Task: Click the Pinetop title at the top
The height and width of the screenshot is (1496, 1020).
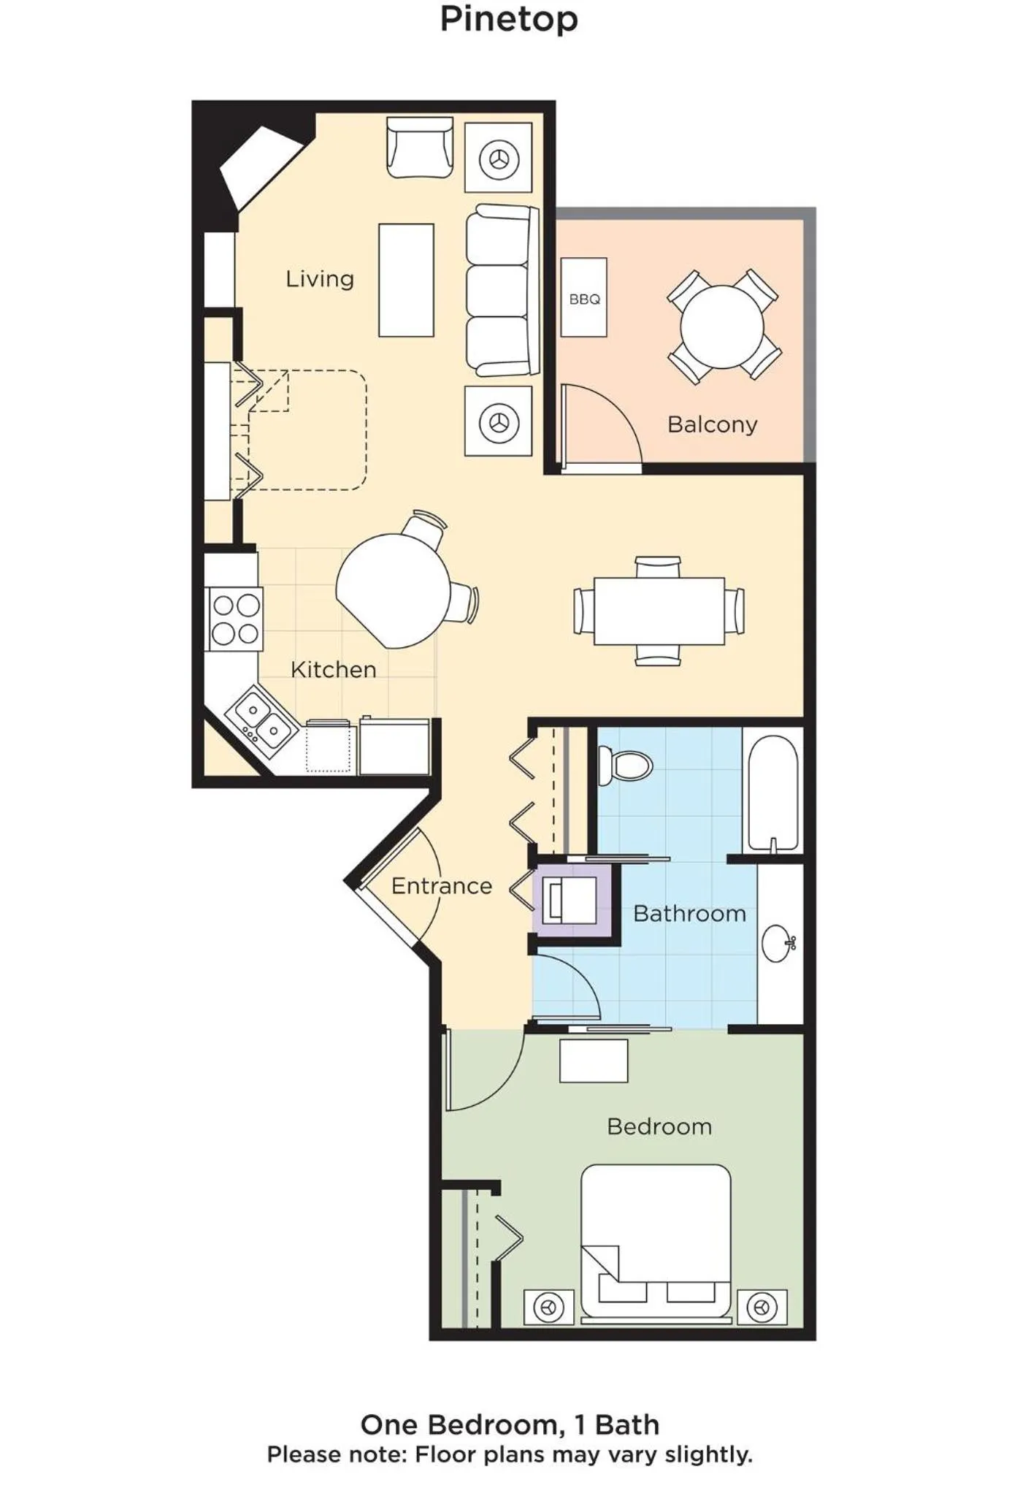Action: tap(509, 20)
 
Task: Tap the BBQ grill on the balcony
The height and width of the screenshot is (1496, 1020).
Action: tap(583, 297)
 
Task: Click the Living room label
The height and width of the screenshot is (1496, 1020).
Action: tap(320, 279)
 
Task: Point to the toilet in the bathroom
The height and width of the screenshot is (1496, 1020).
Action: tap(626, 765)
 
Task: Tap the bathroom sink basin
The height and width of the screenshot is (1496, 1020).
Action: tap(777, 943)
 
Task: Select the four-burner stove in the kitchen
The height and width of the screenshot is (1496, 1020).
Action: tap(235, 619)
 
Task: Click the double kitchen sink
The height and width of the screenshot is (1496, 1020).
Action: tap(261, 719)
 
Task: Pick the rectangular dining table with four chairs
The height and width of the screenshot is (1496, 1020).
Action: tap(659, 611)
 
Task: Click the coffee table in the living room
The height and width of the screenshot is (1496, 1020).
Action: tap(406, 280)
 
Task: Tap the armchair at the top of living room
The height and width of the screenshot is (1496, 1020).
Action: tap(420, 148)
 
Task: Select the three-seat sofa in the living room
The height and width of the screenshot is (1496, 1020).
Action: tap(501, 291)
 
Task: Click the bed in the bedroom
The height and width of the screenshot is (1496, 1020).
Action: tap(656, 1241)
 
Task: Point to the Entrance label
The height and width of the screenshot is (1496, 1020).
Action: tap(441, 886)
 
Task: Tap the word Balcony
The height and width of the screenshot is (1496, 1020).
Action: tap(712, 424)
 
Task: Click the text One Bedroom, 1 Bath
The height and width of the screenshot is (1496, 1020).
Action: tap(510, 1424)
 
